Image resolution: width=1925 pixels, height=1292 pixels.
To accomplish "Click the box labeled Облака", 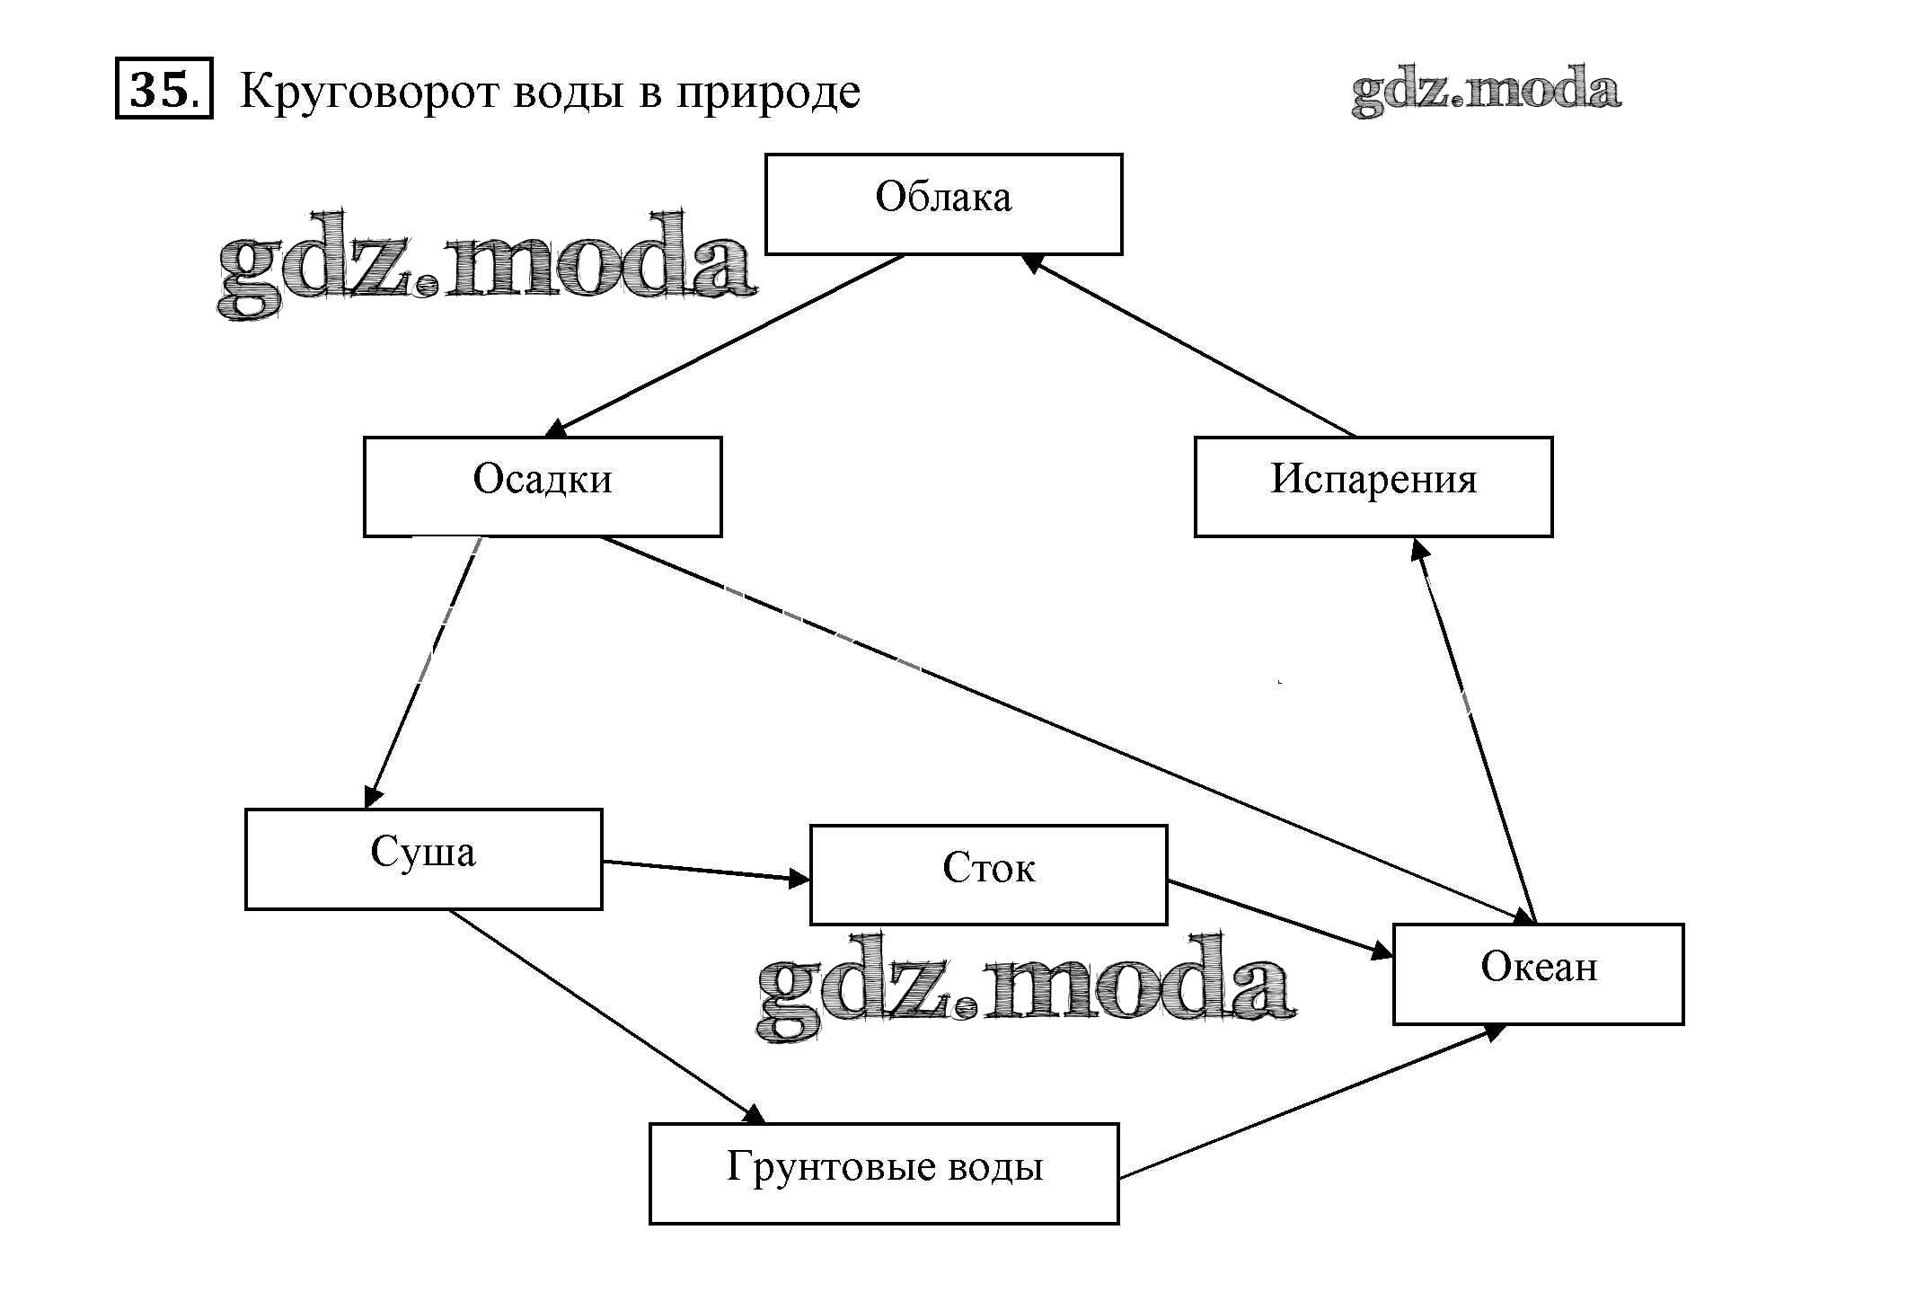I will coord(943,204).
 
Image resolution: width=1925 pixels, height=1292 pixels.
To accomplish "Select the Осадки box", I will coord(543,486).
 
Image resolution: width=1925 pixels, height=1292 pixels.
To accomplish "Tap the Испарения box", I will coord(1373,486).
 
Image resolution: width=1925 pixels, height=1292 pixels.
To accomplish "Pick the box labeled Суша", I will coord(423,858).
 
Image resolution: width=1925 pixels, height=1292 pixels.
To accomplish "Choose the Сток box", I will coord(988,874).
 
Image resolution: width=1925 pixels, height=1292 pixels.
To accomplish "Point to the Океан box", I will coord(1538,973).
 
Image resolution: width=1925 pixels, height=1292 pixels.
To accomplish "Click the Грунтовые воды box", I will coord(884,1173).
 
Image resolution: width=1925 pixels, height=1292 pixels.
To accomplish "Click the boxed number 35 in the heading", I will coord(163,89).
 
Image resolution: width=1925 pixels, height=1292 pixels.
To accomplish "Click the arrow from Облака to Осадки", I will coord(728,344).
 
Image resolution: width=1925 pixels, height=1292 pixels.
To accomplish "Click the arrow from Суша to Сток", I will coord(705,871).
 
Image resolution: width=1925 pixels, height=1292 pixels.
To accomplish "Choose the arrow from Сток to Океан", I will coord(1279,918).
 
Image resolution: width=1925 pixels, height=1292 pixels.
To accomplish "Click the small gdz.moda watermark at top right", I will coord(1486,91).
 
